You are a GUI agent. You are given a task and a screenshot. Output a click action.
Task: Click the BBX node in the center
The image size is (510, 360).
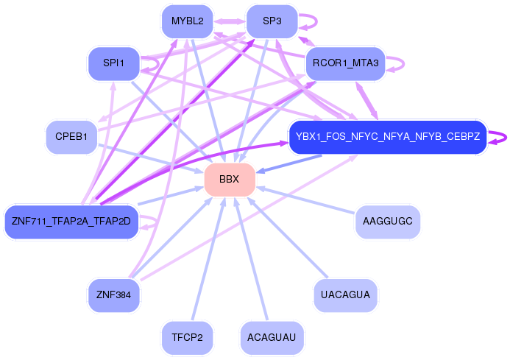(230, 180)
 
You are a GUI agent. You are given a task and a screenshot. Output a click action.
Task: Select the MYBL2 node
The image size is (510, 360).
(187, 21)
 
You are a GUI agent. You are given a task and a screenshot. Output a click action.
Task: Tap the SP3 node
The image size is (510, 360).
(272, 21)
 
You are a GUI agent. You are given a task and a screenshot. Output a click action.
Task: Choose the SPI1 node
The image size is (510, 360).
(113, 63)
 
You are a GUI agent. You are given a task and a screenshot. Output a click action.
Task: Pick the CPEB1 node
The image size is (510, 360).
(71, 137)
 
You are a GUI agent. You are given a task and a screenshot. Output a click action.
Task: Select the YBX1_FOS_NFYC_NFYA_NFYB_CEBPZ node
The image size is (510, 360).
(388, 137)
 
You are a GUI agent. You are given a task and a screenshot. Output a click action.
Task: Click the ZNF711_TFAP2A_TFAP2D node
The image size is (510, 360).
(71, 222)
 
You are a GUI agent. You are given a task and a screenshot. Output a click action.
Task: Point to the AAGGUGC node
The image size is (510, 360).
(388, 222)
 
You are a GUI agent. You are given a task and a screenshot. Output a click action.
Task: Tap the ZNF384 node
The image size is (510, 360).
(113, 295)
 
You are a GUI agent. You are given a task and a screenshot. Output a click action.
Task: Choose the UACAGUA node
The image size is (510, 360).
(345, 295)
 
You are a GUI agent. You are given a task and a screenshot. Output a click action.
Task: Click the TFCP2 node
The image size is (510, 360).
(187, 338)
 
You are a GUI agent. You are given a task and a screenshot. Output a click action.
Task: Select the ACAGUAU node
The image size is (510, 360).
(272, 338)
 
